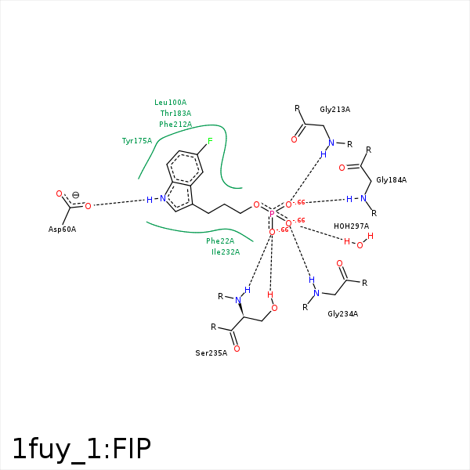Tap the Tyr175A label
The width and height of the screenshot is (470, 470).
[x=137, y=141]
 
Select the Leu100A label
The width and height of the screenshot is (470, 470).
[x=170, y=103]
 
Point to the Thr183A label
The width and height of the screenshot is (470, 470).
[x=175, y=114]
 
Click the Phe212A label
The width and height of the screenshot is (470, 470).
[x=175, y=125]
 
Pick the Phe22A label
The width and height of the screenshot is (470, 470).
[x=220, y=241]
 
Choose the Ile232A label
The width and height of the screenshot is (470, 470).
[x=226, y=252]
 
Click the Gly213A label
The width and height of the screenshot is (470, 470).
[x=334, y=110]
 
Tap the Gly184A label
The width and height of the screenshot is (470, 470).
[x=391, y=180]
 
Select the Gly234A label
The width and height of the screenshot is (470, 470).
[x=342, y=314]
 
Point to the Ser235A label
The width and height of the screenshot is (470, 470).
[x=211, y=353]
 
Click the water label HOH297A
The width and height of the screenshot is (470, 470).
[x=351, y=226]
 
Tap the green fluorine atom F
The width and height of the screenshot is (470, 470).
[x=210, y=142]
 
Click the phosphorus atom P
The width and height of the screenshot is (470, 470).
[x=272, y=213]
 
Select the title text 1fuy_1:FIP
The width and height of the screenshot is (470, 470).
[x=81, y=448]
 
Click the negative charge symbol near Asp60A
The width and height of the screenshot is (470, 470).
[x=75, y=195]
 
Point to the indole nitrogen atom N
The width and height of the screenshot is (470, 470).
[x=163, y=199]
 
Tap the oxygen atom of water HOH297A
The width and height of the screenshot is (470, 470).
[x=360, y=245]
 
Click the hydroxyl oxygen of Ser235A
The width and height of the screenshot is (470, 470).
[x=274, y=308]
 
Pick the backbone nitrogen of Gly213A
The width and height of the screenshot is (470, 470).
[x=331, y=143]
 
